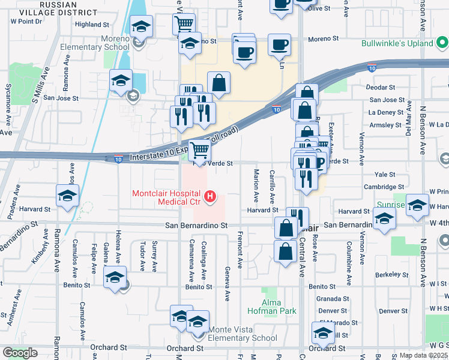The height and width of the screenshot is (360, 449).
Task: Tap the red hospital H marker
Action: (210, 196)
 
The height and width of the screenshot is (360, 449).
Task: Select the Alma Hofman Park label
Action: (271, 306)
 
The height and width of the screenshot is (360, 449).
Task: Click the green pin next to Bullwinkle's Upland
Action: (442, 43)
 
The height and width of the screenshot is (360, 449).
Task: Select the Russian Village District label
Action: (61, 8)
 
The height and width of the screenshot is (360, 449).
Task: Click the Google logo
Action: (19, 353)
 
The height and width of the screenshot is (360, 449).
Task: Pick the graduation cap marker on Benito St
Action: (115, 278)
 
